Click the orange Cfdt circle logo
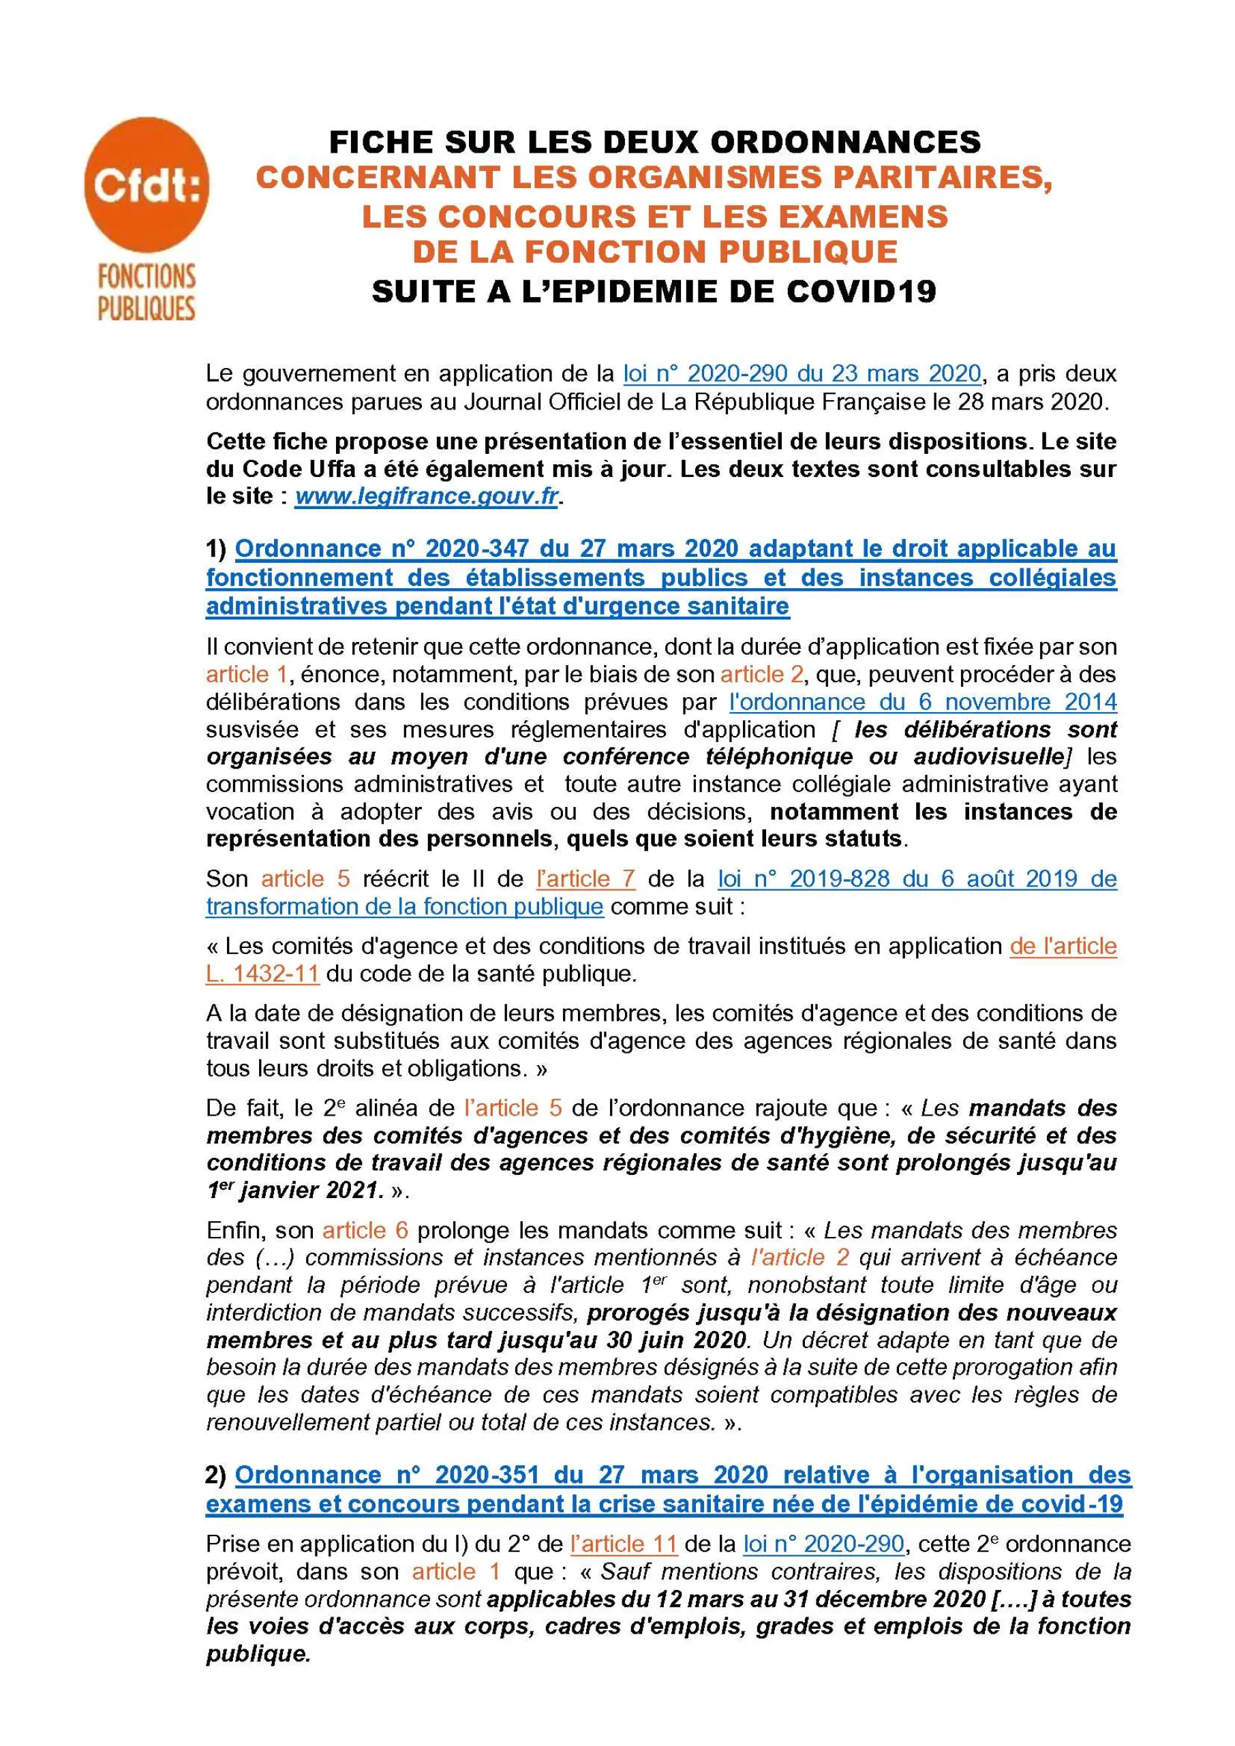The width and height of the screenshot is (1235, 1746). tap(146, 185)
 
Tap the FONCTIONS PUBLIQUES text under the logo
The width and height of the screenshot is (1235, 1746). tap(146, 292)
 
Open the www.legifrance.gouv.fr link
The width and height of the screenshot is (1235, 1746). tap(427, 497)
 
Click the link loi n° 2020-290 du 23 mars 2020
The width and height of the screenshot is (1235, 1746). tap(802, 373)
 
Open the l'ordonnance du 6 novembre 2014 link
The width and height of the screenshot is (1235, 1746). tap(922, 701)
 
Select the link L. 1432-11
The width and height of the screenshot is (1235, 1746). tap(262, 973)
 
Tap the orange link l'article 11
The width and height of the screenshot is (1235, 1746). tap(624, 1544)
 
